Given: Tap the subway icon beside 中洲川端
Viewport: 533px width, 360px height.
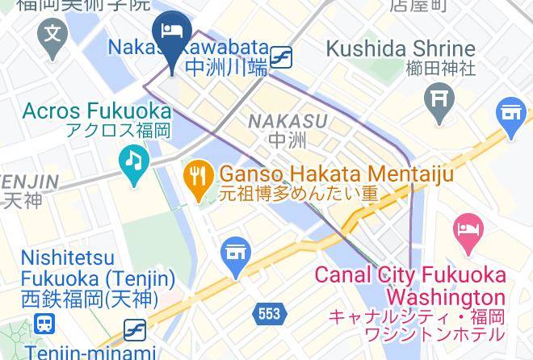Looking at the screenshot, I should [x=282, y=57].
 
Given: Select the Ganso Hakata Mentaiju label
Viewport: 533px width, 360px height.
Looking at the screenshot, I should [x=336, y=174].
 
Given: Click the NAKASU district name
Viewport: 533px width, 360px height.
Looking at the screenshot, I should [x=287, y=121].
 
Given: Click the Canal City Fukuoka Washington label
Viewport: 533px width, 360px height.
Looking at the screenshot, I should [x=409, y=286].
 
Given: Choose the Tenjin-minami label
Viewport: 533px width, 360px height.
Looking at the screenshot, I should [x=90, y=352].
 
